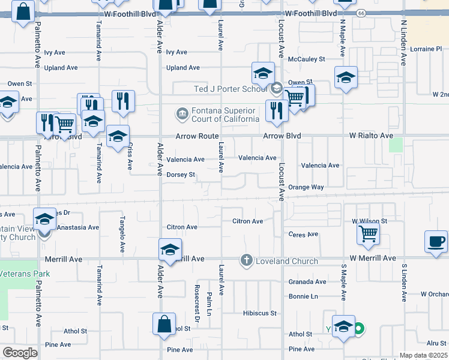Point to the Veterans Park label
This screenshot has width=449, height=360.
pos(25,274)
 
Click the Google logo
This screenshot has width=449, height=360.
pos(20,352)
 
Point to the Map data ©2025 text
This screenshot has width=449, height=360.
pos(423,355)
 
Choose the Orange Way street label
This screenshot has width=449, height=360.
pos(306,187)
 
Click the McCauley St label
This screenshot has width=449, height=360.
pos(306,59)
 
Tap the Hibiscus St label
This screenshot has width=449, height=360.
pos(259,313)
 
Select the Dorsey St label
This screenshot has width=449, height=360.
pos(181,175)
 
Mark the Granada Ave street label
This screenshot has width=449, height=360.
pos(307,281)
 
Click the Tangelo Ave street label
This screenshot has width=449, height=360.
pos(122,233)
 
